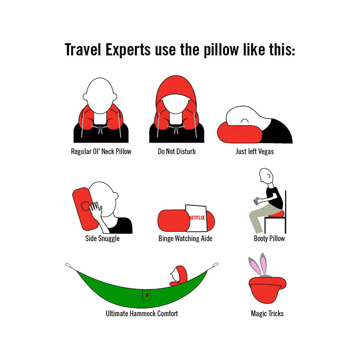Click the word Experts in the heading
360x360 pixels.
click(x=128, y=50)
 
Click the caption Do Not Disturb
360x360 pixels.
click(x=177, y=151)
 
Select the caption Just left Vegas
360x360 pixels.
click(x=255, y=151)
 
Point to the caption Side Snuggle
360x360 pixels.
click(x=102, y=238)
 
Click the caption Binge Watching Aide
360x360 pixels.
click(x=185, y=238)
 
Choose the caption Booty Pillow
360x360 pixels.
click(x=269, y=238)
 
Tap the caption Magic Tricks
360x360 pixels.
click(x=267, y=314)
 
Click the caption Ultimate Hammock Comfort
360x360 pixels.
click(x=142, y=313)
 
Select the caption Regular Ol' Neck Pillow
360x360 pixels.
click(x=101, y=151)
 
